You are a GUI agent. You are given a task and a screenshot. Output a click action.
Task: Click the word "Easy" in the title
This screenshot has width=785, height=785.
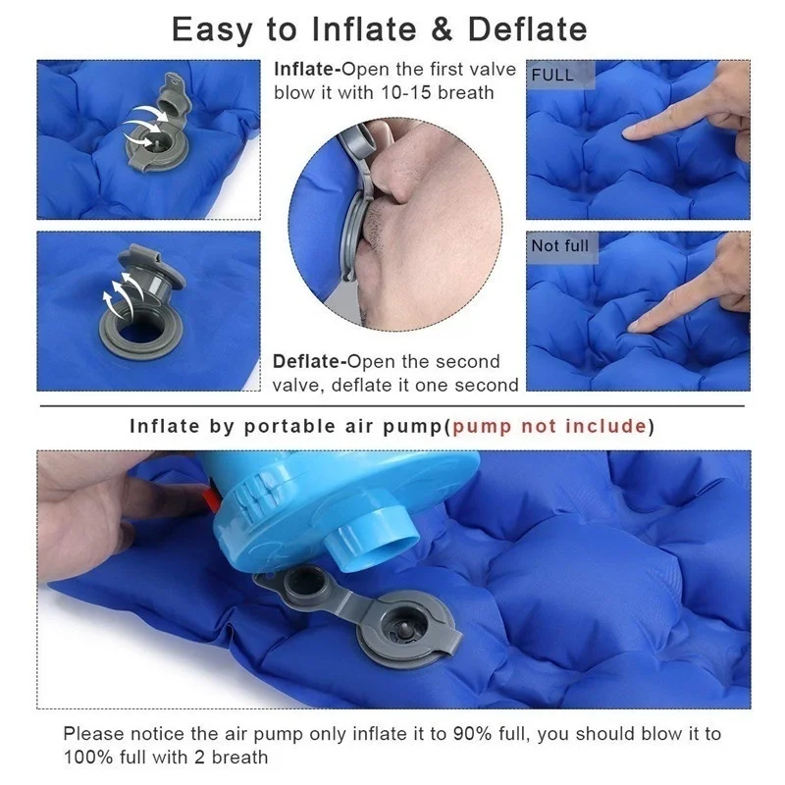tap(212, 30)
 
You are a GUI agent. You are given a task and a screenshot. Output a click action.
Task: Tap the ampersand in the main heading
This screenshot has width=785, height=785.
tap(443, 29)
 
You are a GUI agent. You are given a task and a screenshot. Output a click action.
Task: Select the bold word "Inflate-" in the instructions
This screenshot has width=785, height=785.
tap(307, 69)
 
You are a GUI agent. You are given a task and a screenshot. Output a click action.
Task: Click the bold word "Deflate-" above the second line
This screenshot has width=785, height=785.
tap(309, 361)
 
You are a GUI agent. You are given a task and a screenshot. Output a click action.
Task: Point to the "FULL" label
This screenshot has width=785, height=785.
tap(552, 76)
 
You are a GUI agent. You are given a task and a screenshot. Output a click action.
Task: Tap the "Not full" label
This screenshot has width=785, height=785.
tap(559, 246)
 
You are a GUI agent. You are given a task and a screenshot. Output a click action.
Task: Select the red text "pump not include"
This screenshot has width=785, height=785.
tap(549, 426)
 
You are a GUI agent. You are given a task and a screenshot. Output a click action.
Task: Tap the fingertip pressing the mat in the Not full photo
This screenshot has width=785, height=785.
tap(634, 327)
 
